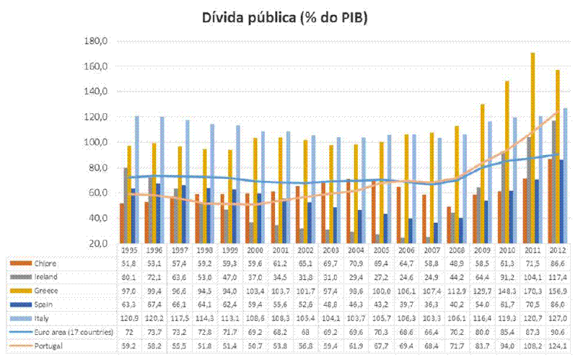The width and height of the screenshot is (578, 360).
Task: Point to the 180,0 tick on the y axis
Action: pyautogui.click(x=95, y=41)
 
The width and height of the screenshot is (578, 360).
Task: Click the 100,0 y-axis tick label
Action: pyautogui.click(x=95, y=142)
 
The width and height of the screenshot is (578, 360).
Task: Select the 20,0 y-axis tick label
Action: pyautogui.click(x=95, y=243)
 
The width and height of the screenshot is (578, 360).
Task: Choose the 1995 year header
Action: pyautogui.click(x=131, y=248)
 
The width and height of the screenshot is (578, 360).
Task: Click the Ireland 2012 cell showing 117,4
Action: pyautogui.click(x=558, y=276)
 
